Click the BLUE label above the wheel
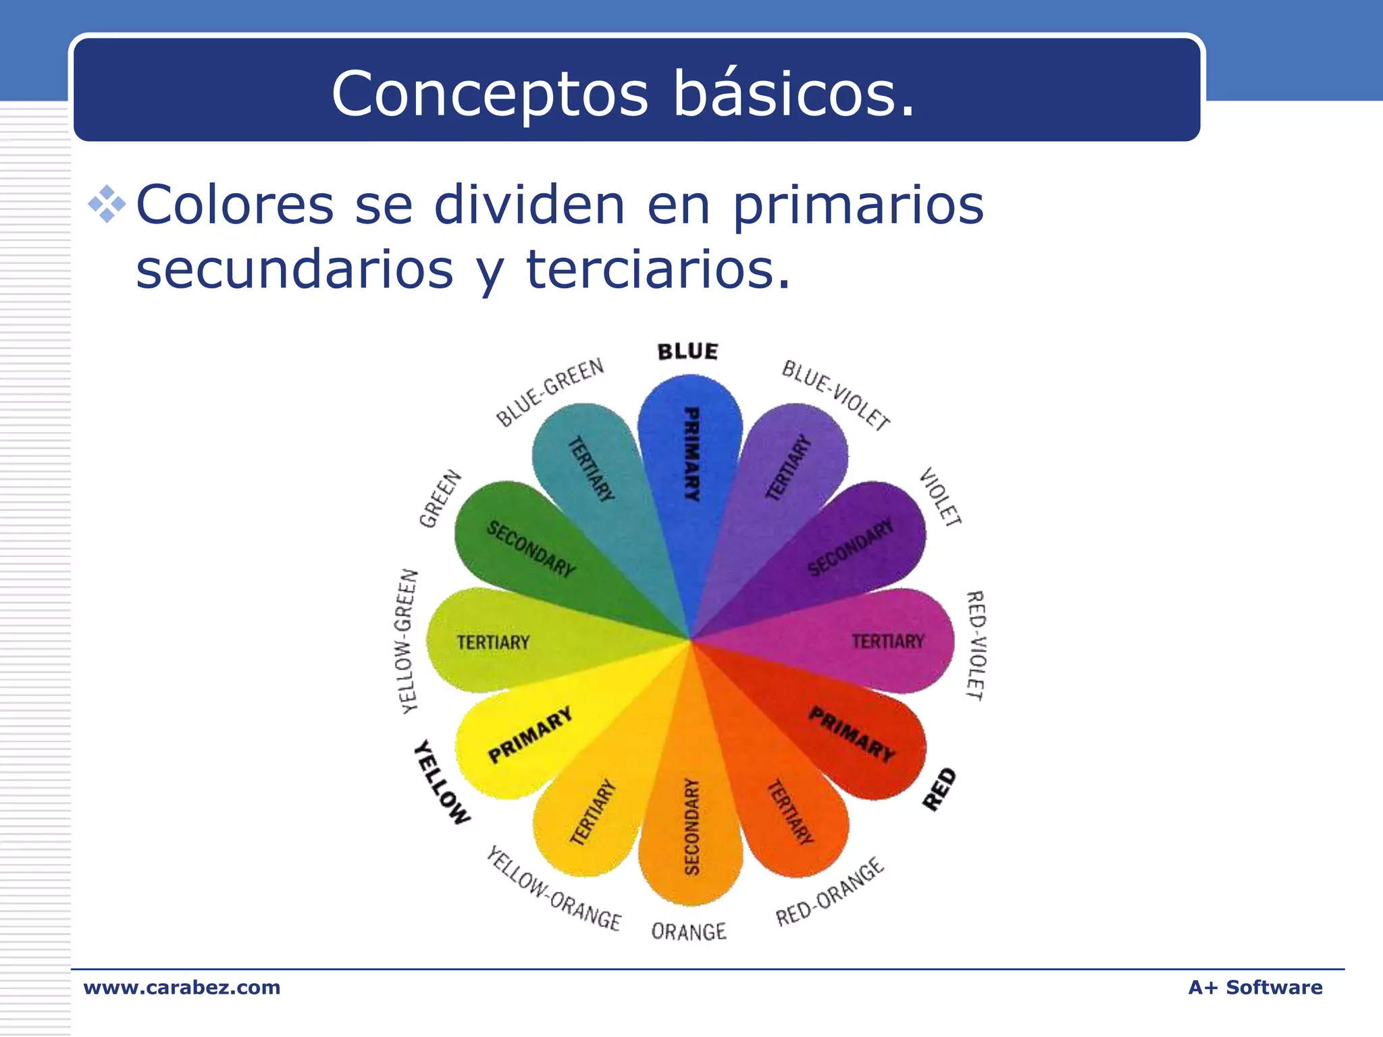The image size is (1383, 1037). click(687, 351)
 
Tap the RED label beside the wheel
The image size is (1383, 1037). click(939, 789)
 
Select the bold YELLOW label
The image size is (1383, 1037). click(442, 782)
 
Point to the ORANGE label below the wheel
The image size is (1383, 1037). click(688, 932)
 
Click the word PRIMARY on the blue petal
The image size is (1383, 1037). click(691, 454)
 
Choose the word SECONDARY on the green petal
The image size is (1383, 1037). click(531, 549)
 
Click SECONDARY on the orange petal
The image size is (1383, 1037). click(691, 826)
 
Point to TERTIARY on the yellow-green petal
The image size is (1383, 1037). click(493, 642)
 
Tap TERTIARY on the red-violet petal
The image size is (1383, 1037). click(887, 641)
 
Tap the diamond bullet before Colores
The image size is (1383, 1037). click(107, 204)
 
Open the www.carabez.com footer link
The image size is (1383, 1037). click(182, 987)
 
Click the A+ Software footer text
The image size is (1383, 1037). click(1255, 987)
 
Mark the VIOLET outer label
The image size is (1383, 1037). click(941, 497)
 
